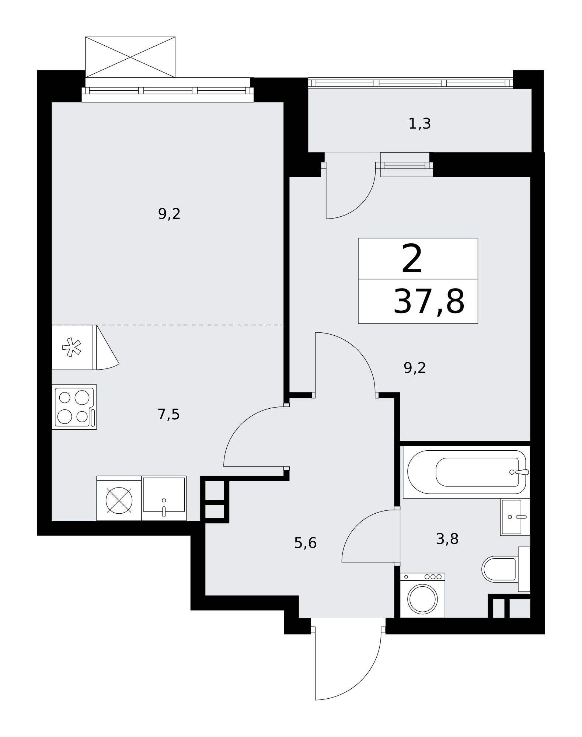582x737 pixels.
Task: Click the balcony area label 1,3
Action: pyautogui.click(x=419, y=124)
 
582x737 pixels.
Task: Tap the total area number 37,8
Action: pyautogui.click(x=429, y=302)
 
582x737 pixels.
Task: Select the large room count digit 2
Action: pyautogui.click(x=412, y=260)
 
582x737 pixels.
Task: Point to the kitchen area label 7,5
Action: pyautogui.click(x=168, y=415)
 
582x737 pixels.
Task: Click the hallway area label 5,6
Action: pyautogui.click(x=305, y=543)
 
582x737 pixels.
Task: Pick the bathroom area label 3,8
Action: pyautogui.click(x=447, y=539)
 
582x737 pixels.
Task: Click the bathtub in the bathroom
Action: pyautogui.click(x=467, y=472)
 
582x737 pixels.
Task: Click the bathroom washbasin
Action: pyautogui.click(x=515, y=517)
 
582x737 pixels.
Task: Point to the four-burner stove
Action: pyautogui.click(x=74, y=407)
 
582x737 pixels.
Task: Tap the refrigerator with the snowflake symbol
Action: pyautogui.click(x=72, y=347)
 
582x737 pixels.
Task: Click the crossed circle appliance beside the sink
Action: pyautogui.click(x=119, y=500)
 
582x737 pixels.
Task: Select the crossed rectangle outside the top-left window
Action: pyautogui.click(x=130, y=57)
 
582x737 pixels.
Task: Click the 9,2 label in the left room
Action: pyautogui.click(x=169, y=214)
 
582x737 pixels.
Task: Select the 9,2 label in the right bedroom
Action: pyautogui.click(x=415, y=368)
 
